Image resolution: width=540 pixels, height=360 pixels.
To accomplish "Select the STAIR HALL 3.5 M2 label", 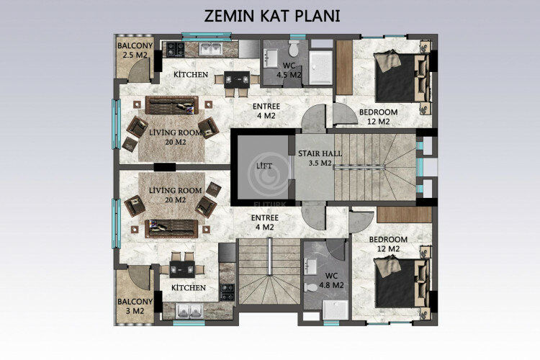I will click(x=315, y=158).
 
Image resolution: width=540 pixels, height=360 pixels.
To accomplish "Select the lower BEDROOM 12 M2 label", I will click(x=388, y=243).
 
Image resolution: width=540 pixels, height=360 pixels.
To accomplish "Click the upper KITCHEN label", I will click(x=191, y=74).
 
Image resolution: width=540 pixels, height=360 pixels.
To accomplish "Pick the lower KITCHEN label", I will click(x=188, y=287).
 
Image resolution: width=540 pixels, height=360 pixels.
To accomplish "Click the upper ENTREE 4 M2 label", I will click(x=266, y=110).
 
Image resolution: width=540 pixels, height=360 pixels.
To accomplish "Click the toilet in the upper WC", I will click(x=294, y=48).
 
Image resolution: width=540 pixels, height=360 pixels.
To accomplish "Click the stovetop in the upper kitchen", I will click(x=174, y=49).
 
